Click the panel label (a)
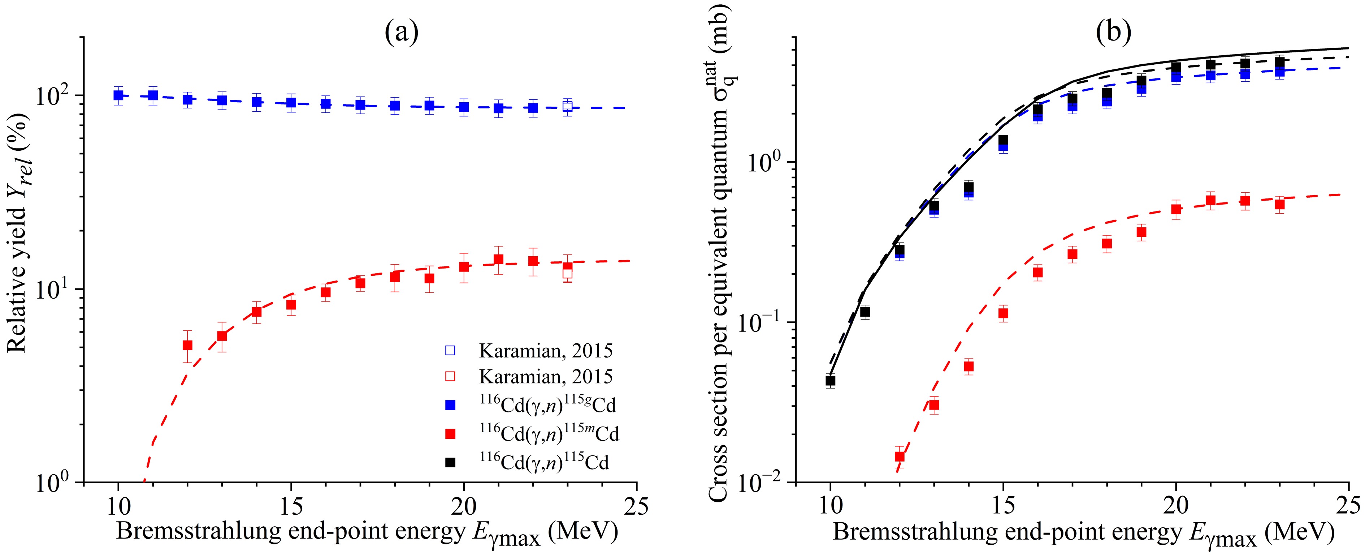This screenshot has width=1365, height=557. tap(401, 33)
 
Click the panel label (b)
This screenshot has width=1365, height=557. tap(1113, 33)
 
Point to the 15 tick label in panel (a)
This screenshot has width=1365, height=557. tap(291, 507)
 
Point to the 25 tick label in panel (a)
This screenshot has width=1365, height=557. tap(636, 507)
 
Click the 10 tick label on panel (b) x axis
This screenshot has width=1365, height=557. tap(830, 507)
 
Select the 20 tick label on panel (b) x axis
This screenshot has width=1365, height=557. tap(1176, 507)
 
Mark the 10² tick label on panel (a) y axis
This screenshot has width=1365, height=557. tap(56, 97)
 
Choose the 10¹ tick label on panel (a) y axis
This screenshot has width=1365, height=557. tap(56, 290)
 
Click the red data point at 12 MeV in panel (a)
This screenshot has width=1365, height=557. tap(187, 345)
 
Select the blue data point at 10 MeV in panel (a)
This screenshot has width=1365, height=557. tap(119, 95)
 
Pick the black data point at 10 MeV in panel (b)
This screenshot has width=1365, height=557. tap(830, 380)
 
